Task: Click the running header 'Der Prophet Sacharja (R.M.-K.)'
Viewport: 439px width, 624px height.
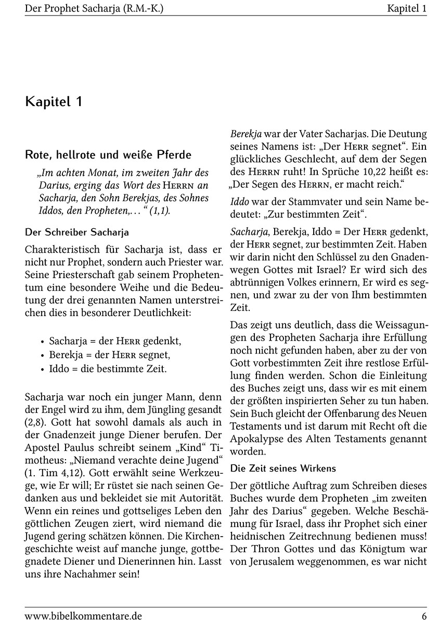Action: coord(98,8)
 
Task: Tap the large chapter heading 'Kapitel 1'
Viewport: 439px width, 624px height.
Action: coord(54,102)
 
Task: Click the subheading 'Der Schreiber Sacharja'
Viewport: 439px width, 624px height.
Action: coord(77,232)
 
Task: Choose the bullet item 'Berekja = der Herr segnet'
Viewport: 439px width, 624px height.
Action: coord(109,355)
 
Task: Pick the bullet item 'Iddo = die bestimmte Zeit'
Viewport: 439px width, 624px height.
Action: coord(108,369)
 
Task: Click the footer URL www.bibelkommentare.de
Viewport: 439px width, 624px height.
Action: coord(83,616)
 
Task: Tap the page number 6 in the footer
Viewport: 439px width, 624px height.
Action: coord(424,616)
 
